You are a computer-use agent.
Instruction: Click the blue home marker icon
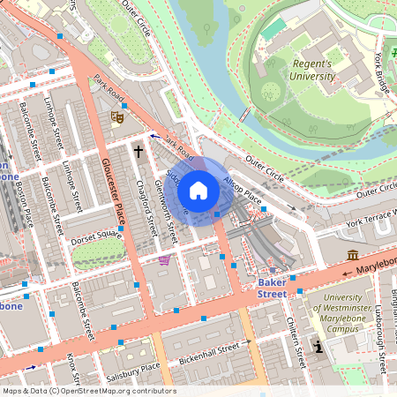click(x=198, y=191)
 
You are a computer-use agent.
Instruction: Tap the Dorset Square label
click(x=97, y=236)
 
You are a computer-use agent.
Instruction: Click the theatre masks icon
click(x=116, y=116)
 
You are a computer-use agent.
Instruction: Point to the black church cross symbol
click(x=138, y=152)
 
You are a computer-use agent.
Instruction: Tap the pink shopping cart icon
click(x=164, y=259)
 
